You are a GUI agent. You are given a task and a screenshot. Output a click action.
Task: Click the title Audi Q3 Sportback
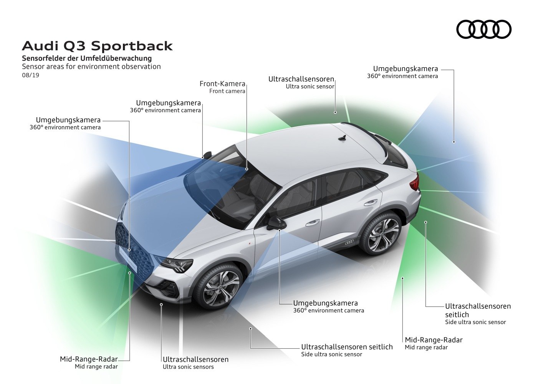coord(97,46)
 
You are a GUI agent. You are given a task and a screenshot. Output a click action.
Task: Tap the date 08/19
coord(31,75)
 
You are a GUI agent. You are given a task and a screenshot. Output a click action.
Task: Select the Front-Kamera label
coord(222,84)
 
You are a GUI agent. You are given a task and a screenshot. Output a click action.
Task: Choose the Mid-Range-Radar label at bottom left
coord(89,359)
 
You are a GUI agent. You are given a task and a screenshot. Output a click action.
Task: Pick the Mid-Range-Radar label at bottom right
coord(434,340)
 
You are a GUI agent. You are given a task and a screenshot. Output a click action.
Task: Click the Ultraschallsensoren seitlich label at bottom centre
coord(347,347)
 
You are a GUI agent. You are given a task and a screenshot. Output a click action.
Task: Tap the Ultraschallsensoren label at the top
coord(301,79)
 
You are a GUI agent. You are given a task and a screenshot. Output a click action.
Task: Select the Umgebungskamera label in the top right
coord(406,69)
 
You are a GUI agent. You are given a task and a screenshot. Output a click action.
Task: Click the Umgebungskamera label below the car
coord(325,303)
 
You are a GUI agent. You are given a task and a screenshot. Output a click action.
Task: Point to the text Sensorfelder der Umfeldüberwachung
coord(87,58)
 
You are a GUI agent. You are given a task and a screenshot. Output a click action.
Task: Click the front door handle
coord(313,222)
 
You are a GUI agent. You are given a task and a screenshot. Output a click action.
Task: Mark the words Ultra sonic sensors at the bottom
coord(188,367)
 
